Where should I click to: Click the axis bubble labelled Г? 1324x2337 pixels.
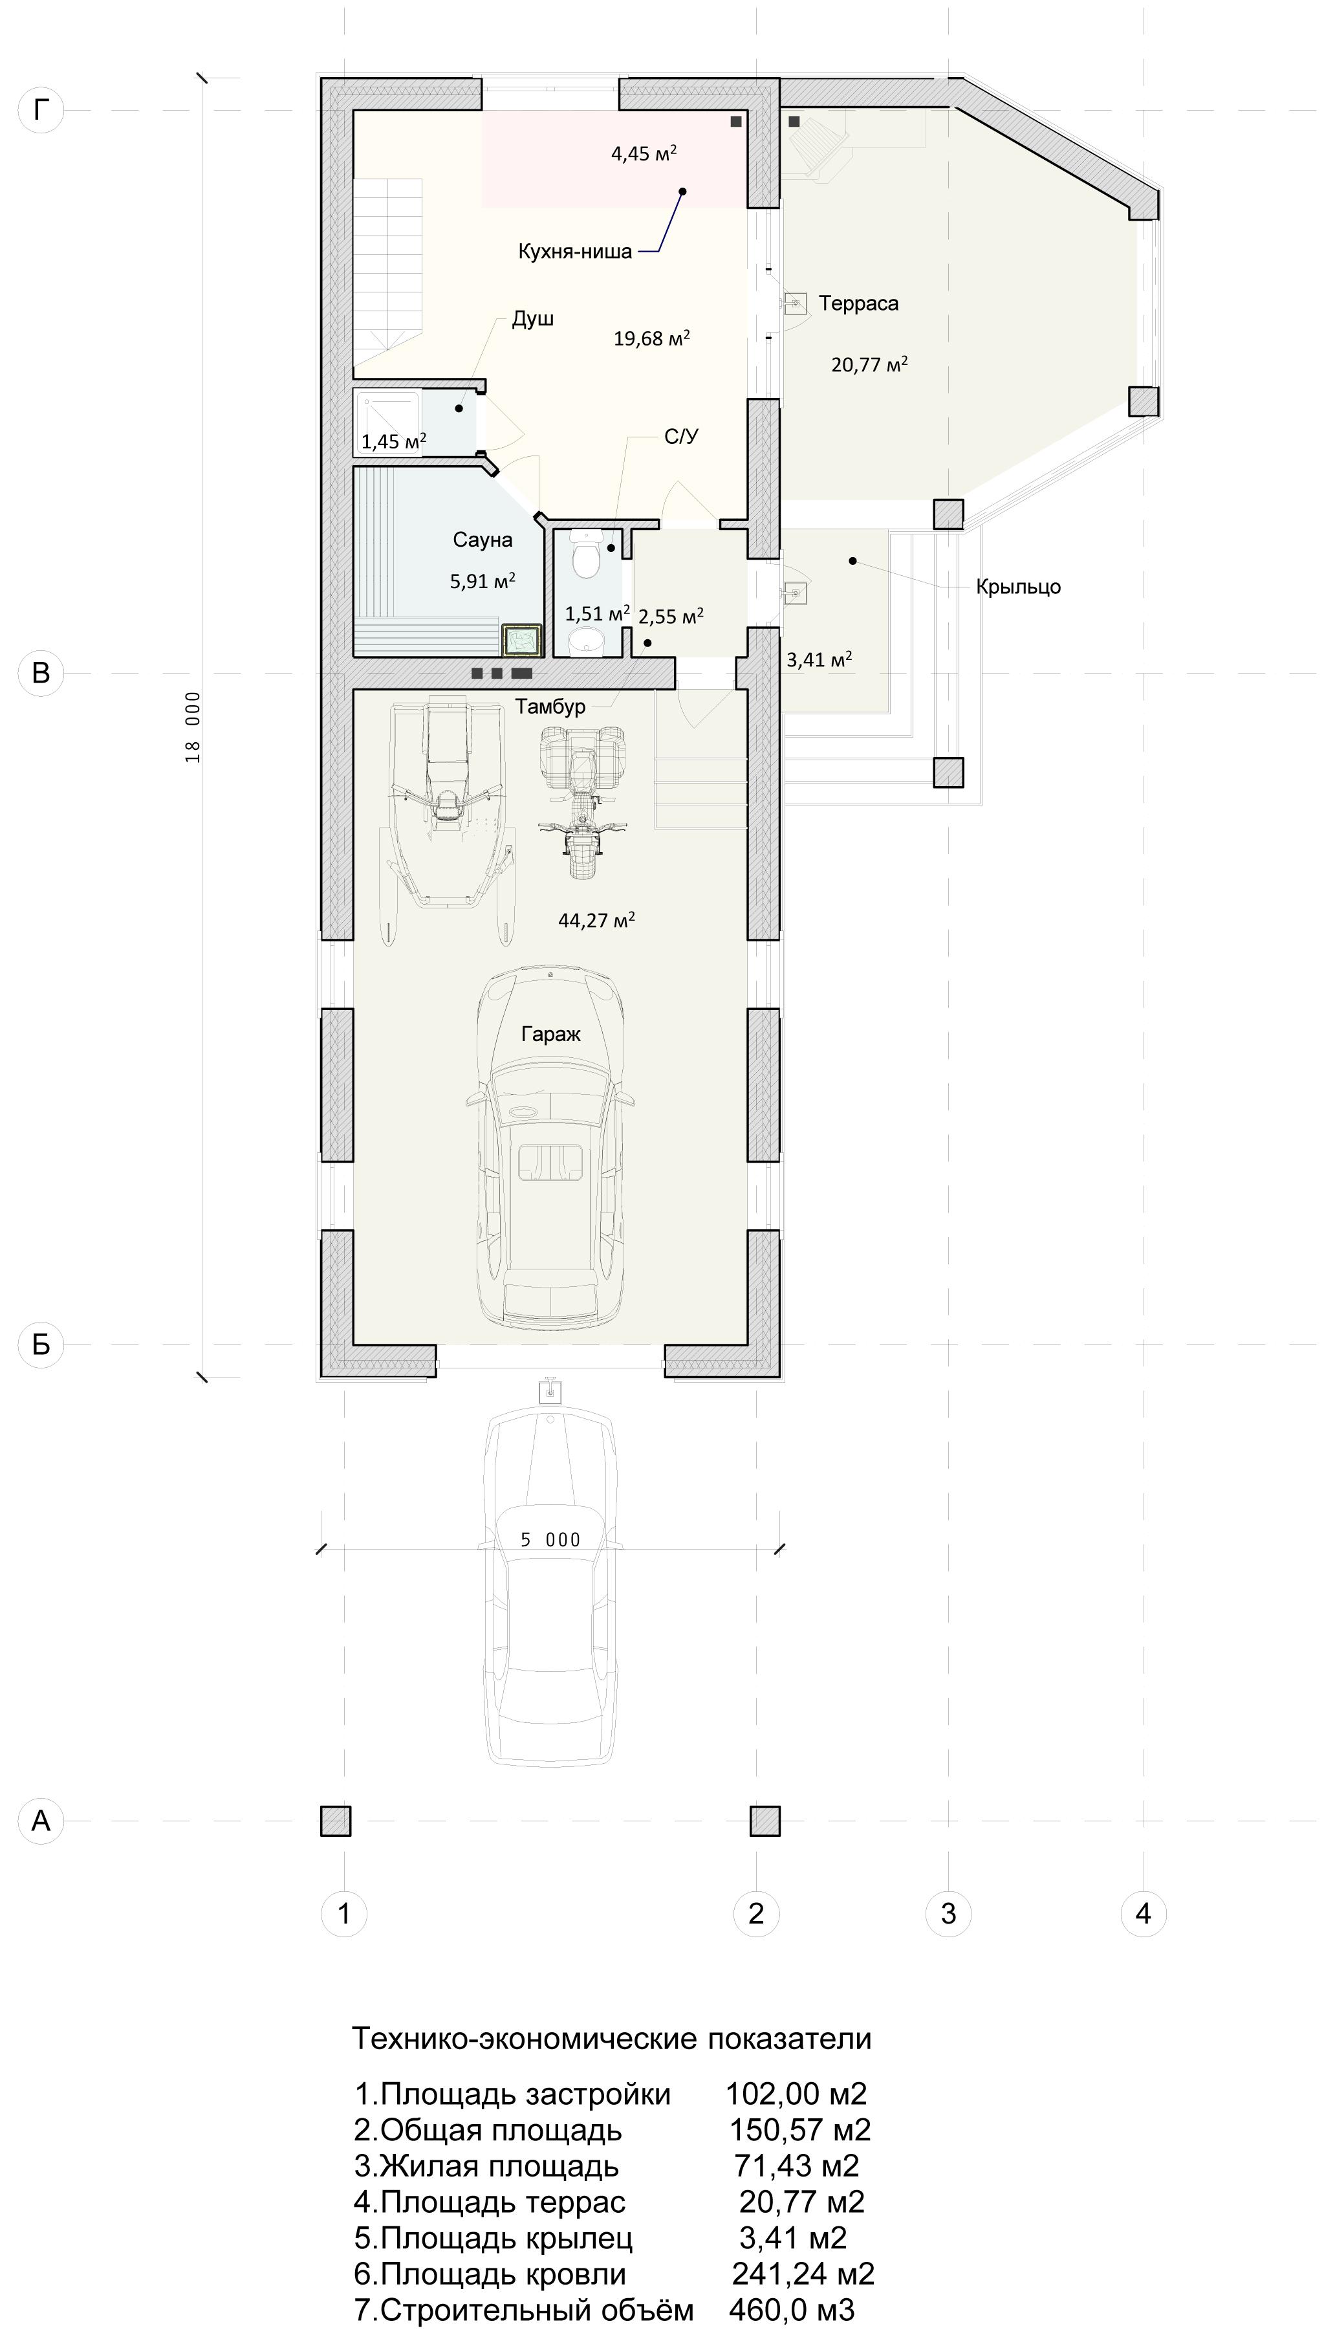41,110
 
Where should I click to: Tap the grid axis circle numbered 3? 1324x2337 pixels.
948,1913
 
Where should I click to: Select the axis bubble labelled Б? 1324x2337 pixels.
41,1344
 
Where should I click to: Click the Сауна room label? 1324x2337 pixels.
483,540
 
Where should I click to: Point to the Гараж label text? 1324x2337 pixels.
551,1034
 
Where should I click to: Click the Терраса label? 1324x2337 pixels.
858,303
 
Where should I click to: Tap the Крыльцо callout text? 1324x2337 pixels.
1019,587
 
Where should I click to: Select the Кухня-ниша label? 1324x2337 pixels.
575,252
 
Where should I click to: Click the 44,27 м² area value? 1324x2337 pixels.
596,920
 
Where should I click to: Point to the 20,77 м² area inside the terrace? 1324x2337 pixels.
869,365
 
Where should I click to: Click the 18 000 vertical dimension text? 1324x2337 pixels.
193,727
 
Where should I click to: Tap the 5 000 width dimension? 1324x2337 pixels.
550,1539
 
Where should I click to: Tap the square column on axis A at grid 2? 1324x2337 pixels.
765,1821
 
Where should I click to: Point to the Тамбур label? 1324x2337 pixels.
550,707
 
